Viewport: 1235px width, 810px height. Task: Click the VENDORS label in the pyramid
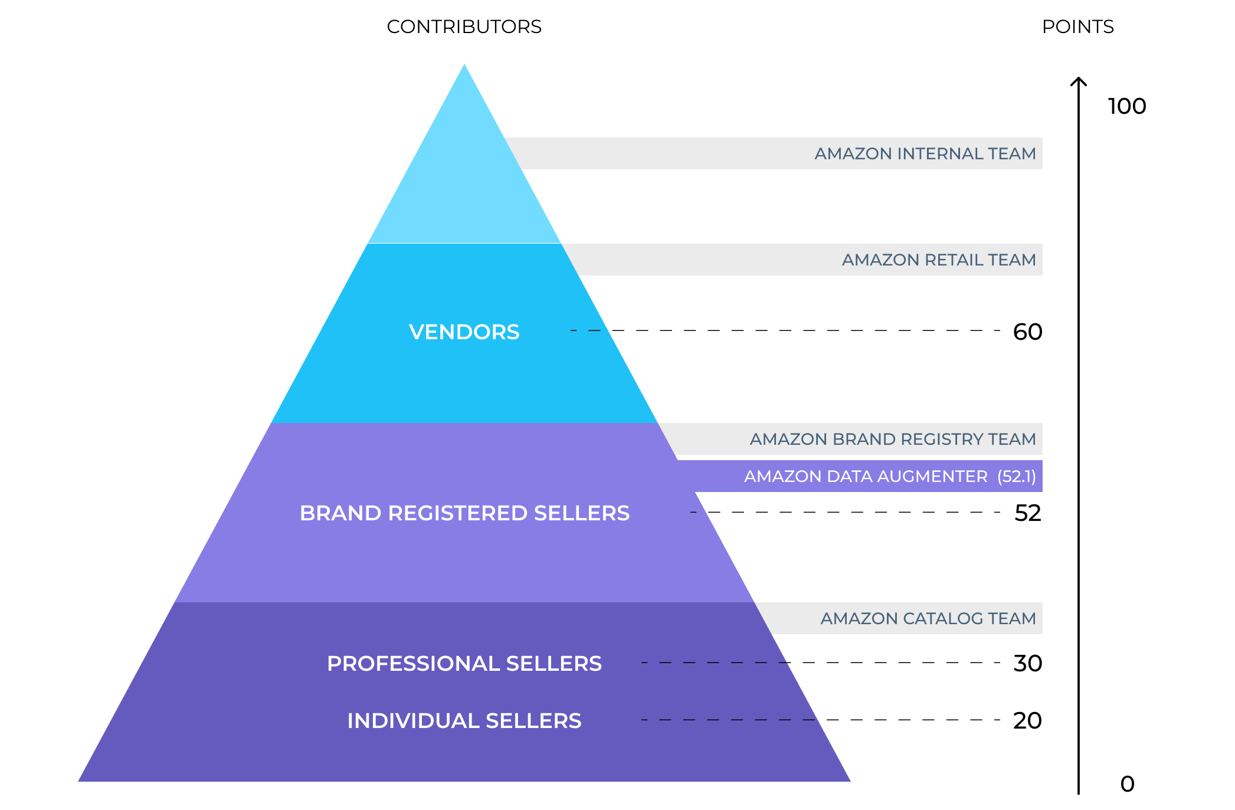point(464,332)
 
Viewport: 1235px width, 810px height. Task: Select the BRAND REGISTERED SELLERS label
point(464,513)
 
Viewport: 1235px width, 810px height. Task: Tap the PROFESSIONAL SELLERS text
point(464,664)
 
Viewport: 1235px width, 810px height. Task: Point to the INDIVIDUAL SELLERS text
point(464,721)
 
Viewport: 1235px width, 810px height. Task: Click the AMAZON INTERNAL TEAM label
point(925,154)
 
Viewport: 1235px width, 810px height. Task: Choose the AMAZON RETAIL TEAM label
point(938,260)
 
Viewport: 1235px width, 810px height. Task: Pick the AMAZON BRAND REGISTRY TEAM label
point(892,440)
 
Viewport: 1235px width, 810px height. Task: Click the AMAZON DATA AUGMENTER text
point(866,477)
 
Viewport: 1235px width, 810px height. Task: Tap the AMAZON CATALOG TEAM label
point(928,619)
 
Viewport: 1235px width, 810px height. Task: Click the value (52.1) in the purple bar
point(1016,477)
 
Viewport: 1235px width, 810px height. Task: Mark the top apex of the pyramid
point(464,65)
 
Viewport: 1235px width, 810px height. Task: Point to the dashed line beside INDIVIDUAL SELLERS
point(728,720)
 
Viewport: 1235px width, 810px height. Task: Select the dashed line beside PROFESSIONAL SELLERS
point(714,663)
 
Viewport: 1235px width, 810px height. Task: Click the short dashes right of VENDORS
point(586,330)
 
